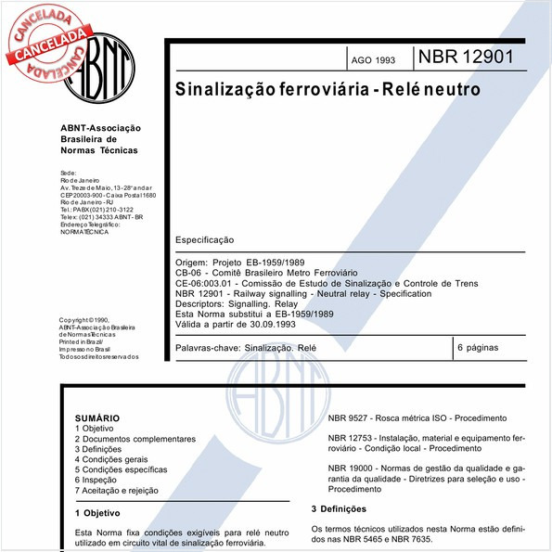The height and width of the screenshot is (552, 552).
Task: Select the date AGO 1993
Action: (x=372, y=60)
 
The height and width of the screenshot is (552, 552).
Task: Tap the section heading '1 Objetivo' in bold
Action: (x=96, y=512)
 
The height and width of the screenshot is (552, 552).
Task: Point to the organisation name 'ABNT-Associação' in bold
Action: (x=99, y=128)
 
